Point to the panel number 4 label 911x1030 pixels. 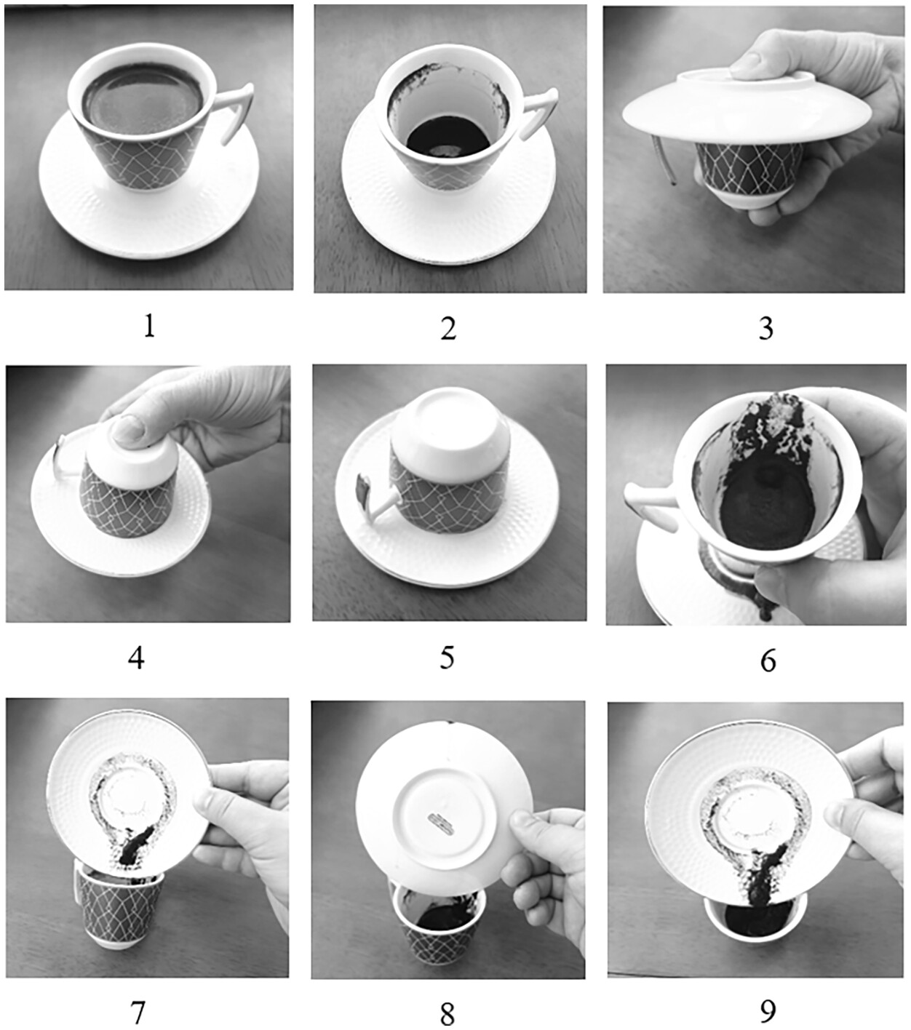137,658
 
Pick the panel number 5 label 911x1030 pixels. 447,658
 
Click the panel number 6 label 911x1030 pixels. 768,660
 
